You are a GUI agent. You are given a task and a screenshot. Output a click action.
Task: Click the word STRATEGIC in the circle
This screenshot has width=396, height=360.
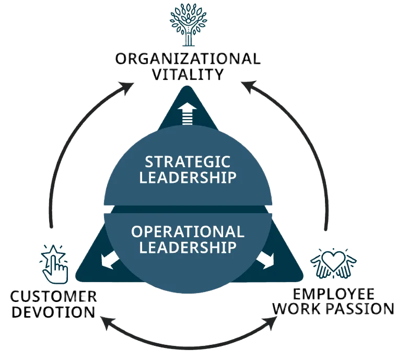[188, 161]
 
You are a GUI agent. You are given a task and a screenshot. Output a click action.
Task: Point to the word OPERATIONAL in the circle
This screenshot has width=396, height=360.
[188, 231]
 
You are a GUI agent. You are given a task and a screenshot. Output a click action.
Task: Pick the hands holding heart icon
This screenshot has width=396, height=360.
[333, 264]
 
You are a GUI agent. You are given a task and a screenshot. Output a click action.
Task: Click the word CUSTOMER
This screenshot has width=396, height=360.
[53, 297]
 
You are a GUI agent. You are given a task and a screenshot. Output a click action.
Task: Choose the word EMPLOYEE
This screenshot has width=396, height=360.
[333, 293]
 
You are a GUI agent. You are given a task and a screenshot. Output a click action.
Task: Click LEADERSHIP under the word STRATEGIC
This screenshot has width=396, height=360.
[188, 177]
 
